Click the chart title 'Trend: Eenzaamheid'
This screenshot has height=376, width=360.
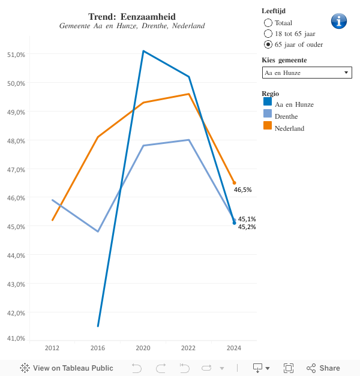point(131,17)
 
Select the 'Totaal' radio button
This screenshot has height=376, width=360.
point(268,22)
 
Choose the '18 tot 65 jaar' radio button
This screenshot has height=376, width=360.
point(268,33)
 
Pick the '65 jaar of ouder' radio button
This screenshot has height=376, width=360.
point(268,44)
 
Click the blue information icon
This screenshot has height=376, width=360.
point(339,21)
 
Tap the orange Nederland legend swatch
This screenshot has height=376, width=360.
point(268,126)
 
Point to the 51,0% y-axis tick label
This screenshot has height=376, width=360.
point(16,55)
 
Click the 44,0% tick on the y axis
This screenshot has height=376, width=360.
point(16,255)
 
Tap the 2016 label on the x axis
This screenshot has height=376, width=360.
point(98,348)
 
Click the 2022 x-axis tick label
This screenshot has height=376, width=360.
point(188,348)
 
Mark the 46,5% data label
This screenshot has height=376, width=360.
point(242,189)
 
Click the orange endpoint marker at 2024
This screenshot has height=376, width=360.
point(234,183)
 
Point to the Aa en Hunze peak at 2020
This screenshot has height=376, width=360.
point(143,51)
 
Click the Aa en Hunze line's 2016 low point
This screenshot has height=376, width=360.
point(98,326)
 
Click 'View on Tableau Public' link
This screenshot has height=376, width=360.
point(67,368)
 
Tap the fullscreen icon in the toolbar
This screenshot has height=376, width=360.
point(288,368)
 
